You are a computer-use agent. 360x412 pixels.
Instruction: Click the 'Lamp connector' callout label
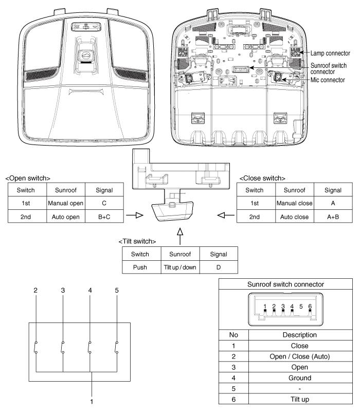click(x=330, y=53)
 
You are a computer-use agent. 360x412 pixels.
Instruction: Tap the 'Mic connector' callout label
click(x=328, y=80)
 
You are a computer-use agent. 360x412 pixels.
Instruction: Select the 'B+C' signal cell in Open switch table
click(x=104, y=217)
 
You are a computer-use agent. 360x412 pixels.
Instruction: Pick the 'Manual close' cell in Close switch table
click(x=294, y=203)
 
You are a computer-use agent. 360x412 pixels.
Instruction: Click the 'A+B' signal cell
click(x=333, y=217)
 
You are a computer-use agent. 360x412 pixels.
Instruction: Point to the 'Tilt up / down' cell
click(x=180, y=267)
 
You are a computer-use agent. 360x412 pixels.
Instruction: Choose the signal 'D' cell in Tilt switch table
click(x=219, y=267)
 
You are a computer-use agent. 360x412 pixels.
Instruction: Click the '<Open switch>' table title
click(x=28, y=178)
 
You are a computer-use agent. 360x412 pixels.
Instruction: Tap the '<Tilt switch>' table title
click(x=137, y=241)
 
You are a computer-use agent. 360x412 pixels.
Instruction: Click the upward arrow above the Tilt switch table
click(x=180, y=236)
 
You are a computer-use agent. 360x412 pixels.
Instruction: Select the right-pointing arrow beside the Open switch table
click(x=135, y=216)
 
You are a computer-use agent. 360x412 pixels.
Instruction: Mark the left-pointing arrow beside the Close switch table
click(x=226, y=216)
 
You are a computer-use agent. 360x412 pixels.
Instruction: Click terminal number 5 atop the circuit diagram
click(x=117, y=290)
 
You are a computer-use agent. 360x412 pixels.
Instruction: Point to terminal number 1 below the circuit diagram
click(x=92, y=402)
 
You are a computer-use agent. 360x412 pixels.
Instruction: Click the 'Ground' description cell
click(x=300, y=378)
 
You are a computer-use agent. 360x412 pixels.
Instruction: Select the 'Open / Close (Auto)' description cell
click(x=299, y=356)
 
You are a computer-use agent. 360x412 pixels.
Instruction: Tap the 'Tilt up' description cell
click(x=300, y=399)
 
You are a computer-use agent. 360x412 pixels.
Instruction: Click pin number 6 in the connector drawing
click(x=310, y=307)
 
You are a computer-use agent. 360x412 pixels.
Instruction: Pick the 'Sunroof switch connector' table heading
click(x=285, y=284)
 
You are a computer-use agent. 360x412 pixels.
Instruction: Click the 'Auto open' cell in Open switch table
click(x=65, y=217)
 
